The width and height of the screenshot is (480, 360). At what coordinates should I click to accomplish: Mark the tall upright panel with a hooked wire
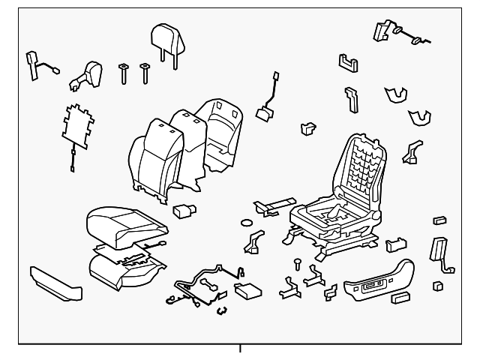click(x=438, y=250)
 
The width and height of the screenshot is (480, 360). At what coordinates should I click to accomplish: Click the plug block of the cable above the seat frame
click(x=263, y=114)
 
